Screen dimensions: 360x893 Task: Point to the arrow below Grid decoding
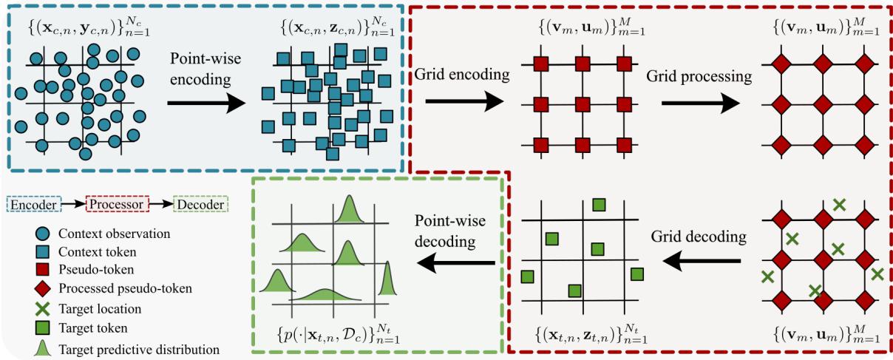[699, 259]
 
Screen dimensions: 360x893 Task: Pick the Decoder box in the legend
[200, 203]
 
